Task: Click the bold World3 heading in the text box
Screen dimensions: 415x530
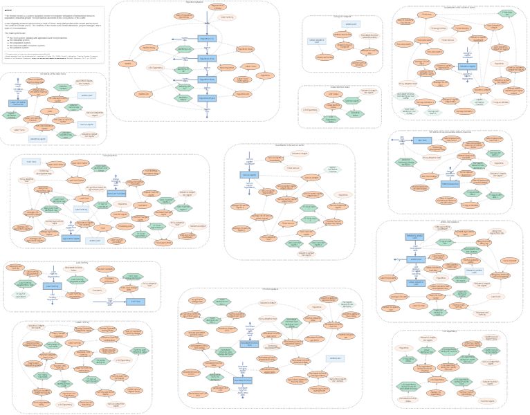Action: (x=8, y=11)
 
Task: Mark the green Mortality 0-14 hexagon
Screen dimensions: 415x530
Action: (x=183, y=49)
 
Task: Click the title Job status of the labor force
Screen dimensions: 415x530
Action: (x=53, y=74)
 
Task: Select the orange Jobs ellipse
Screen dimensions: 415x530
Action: (x=50, y=111)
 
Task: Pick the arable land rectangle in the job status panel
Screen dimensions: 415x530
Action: (x=86, y=95)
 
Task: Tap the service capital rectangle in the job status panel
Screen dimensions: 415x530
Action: (x=86, y=124)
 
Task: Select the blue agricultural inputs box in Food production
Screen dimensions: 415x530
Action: (x=71, y=238)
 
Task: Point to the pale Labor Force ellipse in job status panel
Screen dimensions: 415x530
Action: (x=19, y=129)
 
